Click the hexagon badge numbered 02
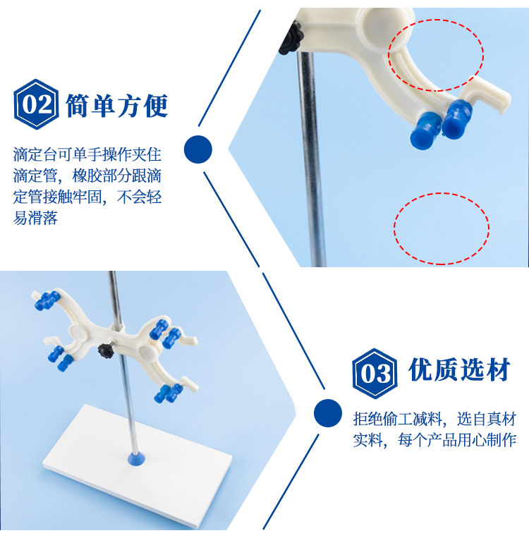point(36,104)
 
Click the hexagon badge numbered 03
point(375,373)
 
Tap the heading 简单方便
point(116,105)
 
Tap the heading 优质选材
point(459,369)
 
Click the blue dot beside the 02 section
point(198,149)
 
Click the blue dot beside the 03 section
point(328,413)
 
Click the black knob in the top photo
point(290,38)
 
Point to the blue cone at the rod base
point(136,458)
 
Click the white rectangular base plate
point(138,470)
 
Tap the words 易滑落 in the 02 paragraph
point(35,218)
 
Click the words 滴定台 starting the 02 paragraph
point(35,154)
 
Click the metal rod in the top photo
point(310,158)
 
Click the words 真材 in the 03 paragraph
point(502,419)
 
